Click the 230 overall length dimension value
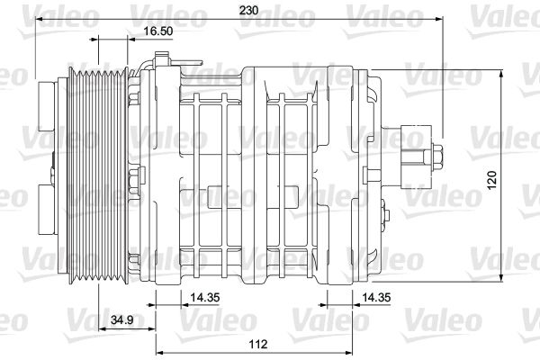pos(248,10)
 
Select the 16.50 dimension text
pos(158,31)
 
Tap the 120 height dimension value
pos(492,179)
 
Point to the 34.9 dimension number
pos(122,320)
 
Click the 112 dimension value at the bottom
pos(258,344)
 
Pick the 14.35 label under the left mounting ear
pos(205,297)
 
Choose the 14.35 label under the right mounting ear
pos(377,297)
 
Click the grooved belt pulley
pos(97,175)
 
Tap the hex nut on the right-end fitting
pos(437,157)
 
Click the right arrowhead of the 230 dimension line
pos(439,19)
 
